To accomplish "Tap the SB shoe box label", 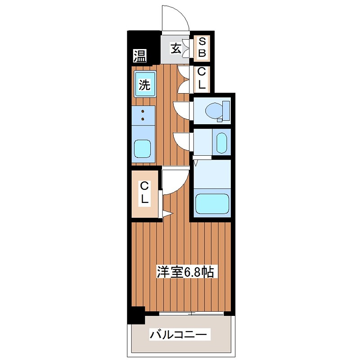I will point(202,48).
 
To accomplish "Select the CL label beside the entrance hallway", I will point(202,78).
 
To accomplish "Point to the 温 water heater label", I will point(139,56).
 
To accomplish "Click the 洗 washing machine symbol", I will point(144,85).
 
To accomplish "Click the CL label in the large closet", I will point(144,192).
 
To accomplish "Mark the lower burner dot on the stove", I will point(143,119).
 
